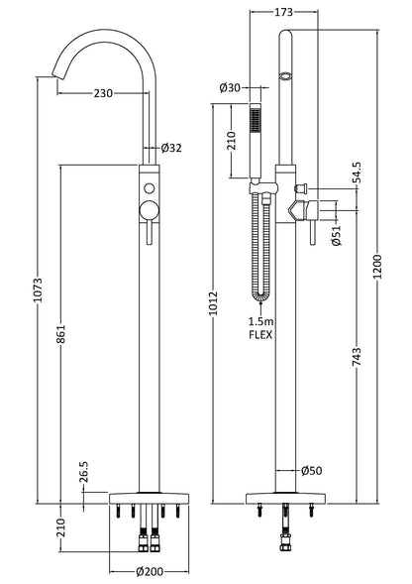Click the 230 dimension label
point(103,93)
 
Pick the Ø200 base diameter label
point(150,570)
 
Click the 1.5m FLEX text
point(260,327)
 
